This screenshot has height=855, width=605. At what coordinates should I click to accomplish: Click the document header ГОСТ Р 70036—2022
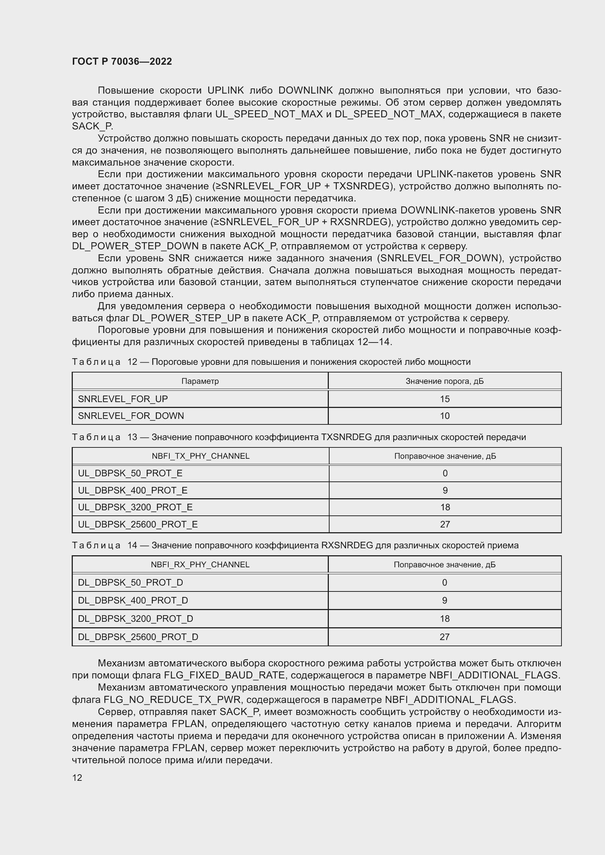click(x=122, y=61)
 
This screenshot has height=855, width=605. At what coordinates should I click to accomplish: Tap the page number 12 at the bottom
click(x=77, y=778)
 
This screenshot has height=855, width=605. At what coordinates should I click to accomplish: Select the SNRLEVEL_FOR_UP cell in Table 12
click(x=123, y=399)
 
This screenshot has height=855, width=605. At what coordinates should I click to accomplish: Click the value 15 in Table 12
click(x=444, y=399)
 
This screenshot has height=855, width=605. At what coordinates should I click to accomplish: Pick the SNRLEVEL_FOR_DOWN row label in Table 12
click(x=131, y=416)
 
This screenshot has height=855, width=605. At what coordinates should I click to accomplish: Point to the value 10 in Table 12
click(x=444, y=416)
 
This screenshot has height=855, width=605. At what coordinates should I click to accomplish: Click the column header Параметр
click(x=200, y=381)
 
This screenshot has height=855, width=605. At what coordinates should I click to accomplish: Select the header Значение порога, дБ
click(x=444, y=381)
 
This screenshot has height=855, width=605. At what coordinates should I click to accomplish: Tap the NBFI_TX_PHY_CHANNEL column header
click(x=200, y=456)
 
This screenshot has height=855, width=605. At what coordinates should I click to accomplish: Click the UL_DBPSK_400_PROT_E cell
click(x=133, y=491)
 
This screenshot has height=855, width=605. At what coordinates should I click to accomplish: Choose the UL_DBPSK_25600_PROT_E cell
click(x=138, y=524)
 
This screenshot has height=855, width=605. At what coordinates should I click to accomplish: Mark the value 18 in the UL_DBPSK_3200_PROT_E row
click(x=445, y=507)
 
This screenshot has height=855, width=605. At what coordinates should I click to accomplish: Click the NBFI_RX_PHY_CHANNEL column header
click(x=200, y=564)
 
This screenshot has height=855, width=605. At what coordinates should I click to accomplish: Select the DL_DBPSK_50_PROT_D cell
click(x=130, y=582)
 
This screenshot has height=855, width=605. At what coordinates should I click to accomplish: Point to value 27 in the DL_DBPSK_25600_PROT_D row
click(x=444, y=637)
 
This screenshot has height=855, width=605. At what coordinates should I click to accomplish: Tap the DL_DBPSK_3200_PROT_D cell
click(x=135, y=618)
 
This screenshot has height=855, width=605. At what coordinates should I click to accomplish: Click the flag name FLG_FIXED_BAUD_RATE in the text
click(x=225, y=675)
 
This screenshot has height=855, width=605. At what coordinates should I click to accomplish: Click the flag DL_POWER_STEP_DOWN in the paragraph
click(x=135, y=246)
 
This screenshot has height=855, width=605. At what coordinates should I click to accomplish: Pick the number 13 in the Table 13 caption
click(x=132, y=437)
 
